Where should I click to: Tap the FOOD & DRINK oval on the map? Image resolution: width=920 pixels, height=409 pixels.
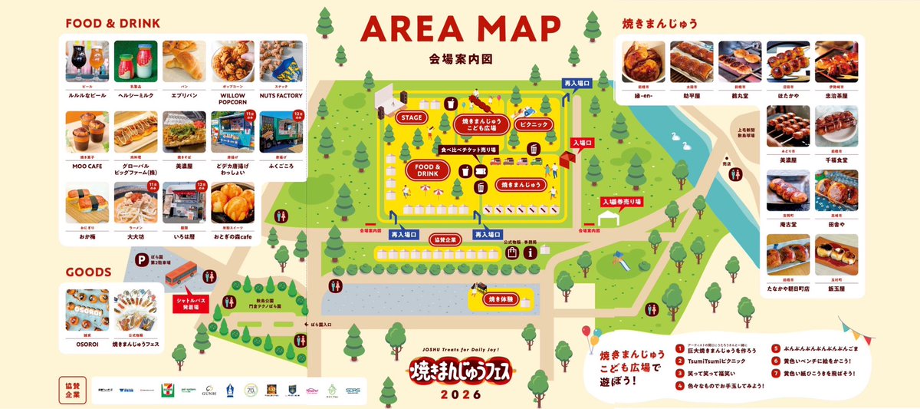coord(427,170)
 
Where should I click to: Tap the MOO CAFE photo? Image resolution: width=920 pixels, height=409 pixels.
coord(87,132)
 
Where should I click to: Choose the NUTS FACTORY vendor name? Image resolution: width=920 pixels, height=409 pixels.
coord(281,96)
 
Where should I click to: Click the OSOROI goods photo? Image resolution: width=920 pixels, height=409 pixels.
coord(87,309)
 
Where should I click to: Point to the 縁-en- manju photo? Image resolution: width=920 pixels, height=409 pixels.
coord(643,61)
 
